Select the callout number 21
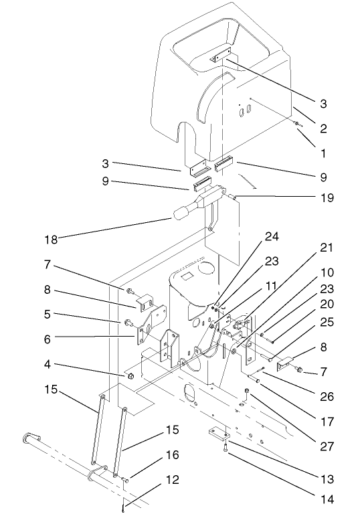click(326, 248)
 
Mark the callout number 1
click(324, 153)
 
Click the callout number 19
click(326, 198)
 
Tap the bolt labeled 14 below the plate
click(228, 450)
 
